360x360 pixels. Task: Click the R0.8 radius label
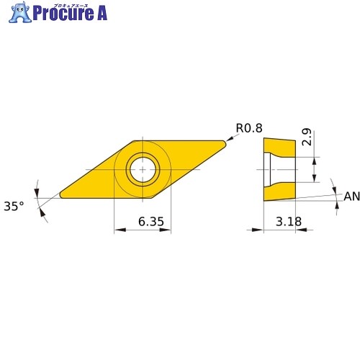(249, 128)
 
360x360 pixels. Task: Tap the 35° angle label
(14, 206)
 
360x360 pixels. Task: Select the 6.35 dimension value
(151, 221)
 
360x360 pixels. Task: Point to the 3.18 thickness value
(289, 221)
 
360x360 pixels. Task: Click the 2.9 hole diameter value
(307, 137)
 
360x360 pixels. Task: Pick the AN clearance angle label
(351, 197)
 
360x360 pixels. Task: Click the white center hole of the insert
(143, 169)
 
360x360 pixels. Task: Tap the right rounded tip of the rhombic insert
(225, 143)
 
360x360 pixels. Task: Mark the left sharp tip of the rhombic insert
(60, 195)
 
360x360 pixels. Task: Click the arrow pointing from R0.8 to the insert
(233, 138)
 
